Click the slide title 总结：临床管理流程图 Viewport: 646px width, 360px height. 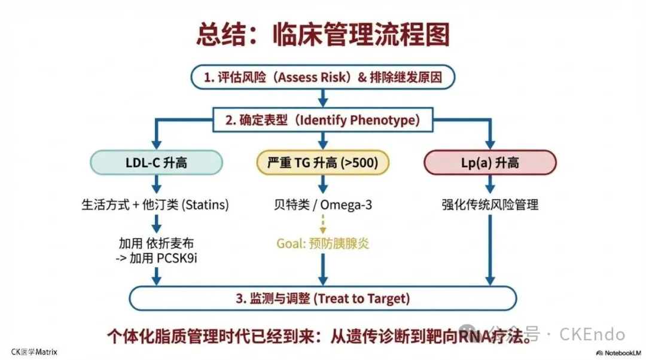[323, 35]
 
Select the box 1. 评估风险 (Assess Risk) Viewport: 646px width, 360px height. [323, 77]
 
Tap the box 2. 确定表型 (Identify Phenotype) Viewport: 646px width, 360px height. [323, 119]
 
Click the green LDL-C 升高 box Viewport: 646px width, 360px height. [156, 162]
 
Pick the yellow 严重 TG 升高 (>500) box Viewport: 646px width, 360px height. [323, 162]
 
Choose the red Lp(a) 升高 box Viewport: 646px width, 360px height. [490, 162]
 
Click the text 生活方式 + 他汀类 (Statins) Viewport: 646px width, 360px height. [155, 205]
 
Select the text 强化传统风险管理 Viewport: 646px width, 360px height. [490, 205]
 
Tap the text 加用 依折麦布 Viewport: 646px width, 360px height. [156, 243]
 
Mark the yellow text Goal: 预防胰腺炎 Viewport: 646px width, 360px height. [323, 243]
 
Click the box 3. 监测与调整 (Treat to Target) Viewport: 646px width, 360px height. [323, 297]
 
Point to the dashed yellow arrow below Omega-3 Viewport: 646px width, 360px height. [323, 224]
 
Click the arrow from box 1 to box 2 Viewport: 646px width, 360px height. [323, 97]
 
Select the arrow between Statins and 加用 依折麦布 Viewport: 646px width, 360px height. [156, 223]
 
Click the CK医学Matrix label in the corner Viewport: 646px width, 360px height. [34, 352]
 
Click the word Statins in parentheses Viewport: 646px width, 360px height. [206, 205]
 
